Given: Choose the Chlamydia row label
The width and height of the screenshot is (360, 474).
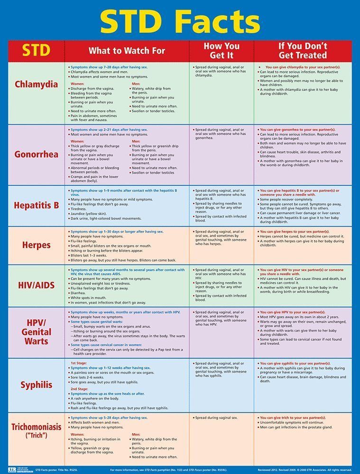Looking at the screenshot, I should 36,85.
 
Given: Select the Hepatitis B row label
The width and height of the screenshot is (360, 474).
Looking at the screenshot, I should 36,206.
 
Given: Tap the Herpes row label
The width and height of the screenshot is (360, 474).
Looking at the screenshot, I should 36,245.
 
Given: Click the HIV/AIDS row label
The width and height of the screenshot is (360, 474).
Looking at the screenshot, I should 36,286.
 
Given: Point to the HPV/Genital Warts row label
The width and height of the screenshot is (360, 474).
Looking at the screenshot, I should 36,331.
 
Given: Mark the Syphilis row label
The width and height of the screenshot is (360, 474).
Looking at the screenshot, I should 36,384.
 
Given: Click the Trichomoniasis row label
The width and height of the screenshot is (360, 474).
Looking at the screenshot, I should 36,430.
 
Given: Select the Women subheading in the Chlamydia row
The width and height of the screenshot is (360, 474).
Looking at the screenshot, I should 77,83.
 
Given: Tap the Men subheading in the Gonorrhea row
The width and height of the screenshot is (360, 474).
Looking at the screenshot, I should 136,141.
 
